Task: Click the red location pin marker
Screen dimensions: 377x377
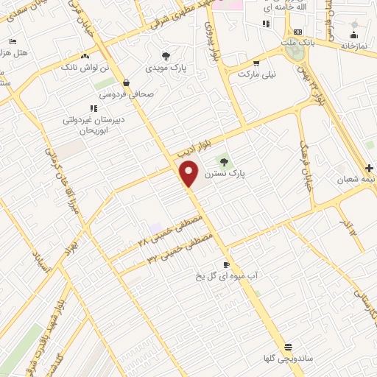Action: coord(189,174)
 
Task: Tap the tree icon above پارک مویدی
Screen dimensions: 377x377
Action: coord(166,56)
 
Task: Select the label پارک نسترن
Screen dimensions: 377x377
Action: coord(225,174)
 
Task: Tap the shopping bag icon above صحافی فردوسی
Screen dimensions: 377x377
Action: coord(127,82)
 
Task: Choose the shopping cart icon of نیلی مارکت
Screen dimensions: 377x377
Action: coord(256,63)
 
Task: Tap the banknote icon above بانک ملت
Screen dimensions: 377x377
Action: coord(297,32)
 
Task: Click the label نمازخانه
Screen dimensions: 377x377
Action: coord(353,46)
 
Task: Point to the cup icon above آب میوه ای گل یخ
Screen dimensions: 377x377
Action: coord(226,264)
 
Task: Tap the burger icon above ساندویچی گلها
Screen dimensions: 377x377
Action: coord(288,347)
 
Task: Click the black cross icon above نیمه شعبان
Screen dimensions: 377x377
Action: coord(370,168)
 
